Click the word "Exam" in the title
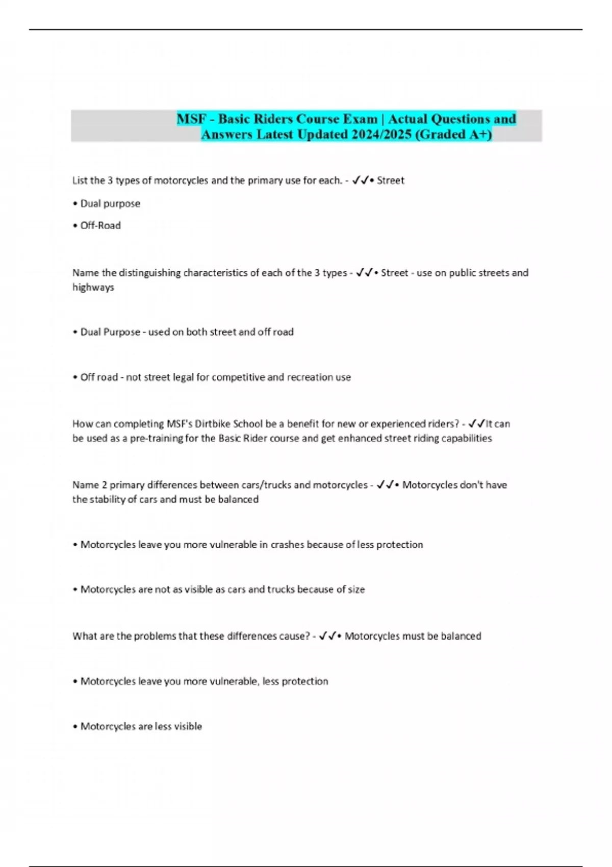[360, 119]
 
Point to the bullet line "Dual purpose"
[110, 203]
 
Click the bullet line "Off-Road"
[100, 225]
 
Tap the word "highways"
[93, 287]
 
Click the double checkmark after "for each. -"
[360, 180]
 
